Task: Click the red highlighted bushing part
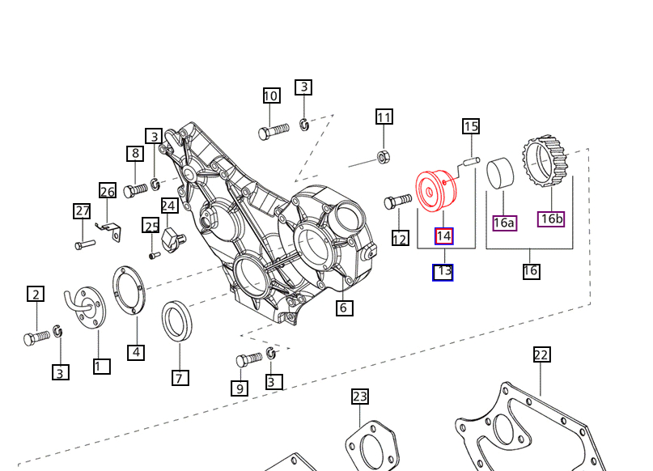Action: [x=436, y=191]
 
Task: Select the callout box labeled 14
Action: [x=443, y=236]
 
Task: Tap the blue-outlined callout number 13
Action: [x=443, y=273]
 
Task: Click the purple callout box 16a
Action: [x=504, y=223]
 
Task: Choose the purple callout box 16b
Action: [x=551, y=219]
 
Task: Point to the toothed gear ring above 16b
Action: [x=545, y=161]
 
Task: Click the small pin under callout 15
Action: [x=472, y=162]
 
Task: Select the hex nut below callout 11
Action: [x=383, y=157]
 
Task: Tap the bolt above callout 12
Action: [x=397, y=202]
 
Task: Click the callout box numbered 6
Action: [x=345, y=308]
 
